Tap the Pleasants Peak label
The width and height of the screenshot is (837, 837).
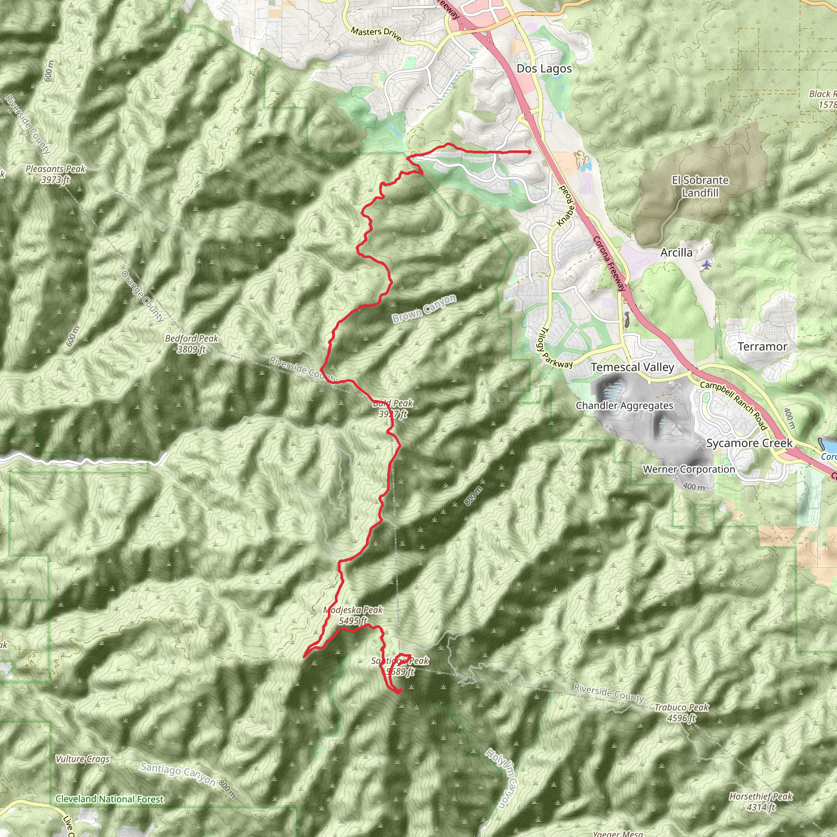tap(56, 174)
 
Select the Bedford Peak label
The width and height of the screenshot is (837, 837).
tap(192, 344)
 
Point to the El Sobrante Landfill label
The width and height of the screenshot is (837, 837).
tap(700, 186)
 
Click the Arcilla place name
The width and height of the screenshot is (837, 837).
tap(676, 253)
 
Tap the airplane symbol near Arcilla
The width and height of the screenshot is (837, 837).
tap(707, 264)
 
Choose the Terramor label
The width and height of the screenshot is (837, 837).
tap(762, 347)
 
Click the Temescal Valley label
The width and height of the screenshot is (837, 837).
tap(632, 367)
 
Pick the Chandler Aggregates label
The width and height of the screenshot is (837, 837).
tap(624, 405)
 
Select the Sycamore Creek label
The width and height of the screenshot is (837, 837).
tap(749, 443)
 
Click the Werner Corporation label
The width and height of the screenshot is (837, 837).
tap(689, 469)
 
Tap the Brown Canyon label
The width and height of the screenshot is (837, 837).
tap(424, 308)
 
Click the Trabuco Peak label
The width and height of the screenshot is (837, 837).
tap(681, 713)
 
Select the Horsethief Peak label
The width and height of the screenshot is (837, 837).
tap(760, 801)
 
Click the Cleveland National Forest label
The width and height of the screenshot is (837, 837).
tap(110, 799)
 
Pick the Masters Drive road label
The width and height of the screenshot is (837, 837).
tap(376, 34)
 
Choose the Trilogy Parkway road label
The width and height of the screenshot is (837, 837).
tap(556, 349)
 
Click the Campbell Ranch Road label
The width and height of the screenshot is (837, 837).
tap(734, 405)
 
